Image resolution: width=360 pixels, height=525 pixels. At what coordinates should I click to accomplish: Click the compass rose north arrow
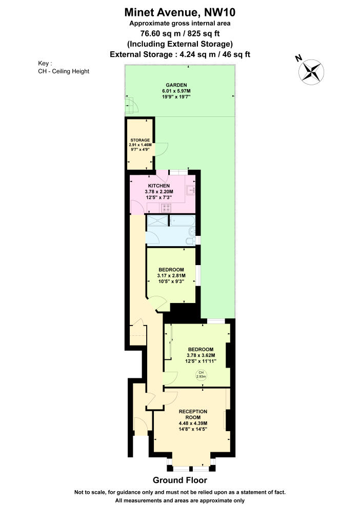(312, 71)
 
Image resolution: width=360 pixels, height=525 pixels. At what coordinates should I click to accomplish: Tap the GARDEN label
(176, 85)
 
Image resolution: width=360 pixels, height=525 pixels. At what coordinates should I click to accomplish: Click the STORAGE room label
(139, 140)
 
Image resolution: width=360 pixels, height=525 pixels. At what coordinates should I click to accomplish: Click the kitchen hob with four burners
(166, 208)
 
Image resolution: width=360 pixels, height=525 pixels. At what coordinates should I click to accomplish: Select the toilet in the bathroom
(190, 241)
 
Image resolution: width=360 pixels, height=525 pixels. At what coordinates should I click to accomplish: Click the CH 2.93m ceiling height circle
(201, 375)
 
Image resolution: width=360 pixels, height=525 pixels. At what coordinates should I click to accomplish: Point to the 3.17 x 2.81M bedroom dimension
(171, 276)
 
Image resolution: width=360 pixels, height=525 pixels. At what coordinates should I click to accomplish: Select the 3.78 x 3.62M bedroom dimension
(201, 355)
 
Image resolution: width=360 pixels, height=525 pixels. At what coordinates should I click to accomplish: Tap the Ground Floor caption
(180, 480)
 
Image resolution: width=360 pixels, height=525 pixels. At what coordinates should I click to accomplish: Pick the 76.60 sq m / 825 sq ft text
(180, 34)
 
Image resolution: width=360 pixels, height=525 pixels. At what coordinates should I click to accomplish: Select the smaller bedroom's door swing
(159, 305)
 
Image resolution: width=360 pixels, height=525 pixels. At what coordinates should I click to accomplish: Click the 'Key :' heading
(45, 64)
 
